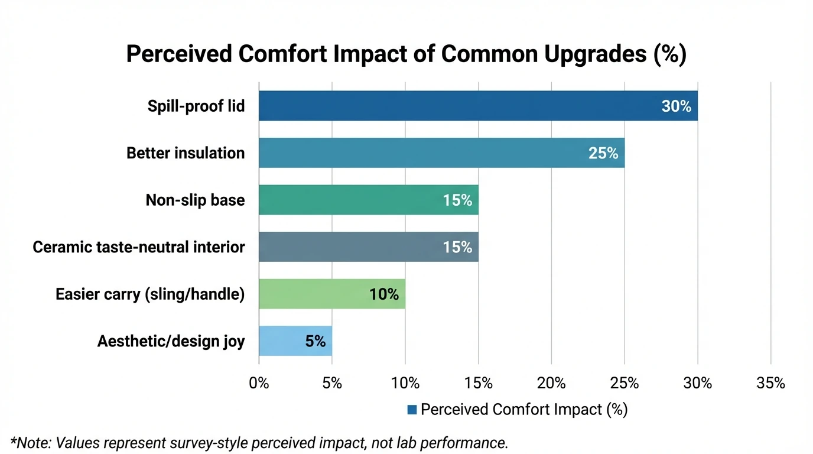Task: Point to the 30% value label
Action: pyautogui.click(x=676, y=106)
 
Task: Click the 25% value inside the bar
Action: pyautogui.click(x=603, y=153)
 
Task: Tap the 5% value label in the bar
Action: pyautogui.click(x=316, y=341)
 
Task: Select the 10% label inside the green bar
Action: pyautogui.click(x=384, y=294)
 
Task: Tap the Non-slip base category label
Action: pyautogui.click(x=195, y=200)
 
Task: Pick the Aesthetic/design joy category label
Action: pyautogui.click(x=171, y=341)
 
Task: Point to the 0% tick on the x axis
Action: pyautogui.click(x=259, y=383)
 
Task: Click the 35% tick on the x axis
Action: pyautogui.click(x=770, y=383)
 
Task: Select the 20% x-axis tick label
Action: pyautogui.click(x=551, y=383)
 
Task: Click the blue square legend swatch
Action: pyautogui.click(x=412, y=410)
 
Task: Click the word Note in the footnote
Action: pyautogui.click(x=32, y=443)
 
